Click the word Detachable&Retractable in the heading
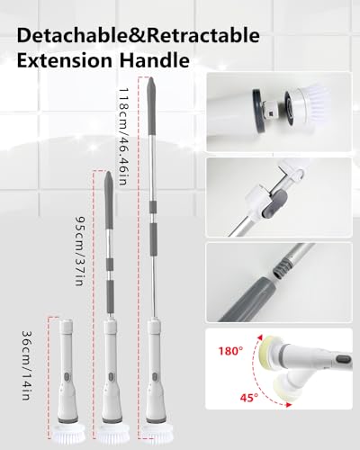click(x=139, y=36)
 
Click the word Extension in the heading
click(x=64, y=60)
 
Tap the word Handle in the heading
click(x=155, y=60)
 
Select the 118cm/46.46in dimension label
click(x=123, y=137)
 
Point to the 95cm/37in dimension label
click(x=79, y=251)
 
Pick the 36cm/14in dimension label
click(x=27, y=365)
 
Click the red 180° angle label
click(x=230, y=351)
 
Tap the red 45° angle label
click(x=249, y=398)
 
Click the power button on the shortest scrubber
click(x=67, y=376)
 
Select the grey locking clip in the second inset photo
click(x=274, y=204)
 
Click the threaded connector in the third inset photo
click(x=283, y=268)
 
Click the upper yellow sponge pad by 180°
click(x=269, y=349)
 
